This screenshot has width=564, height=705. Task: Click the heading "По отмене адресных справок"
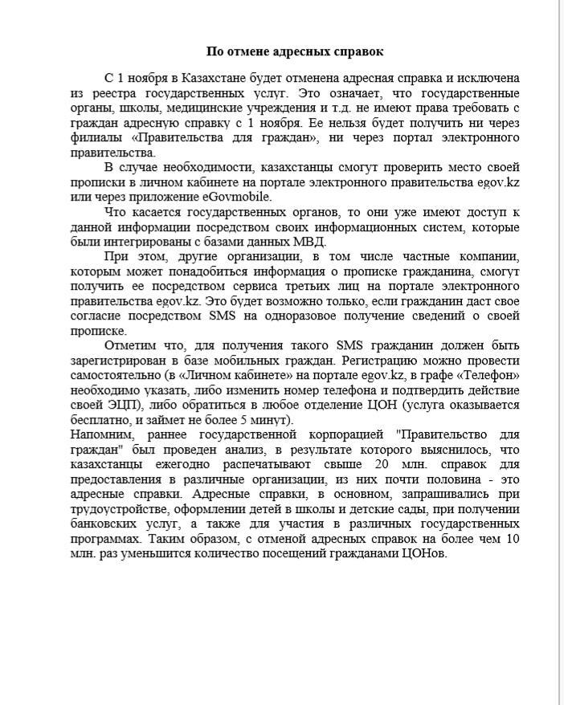pyautogui.click(x=295, y=51)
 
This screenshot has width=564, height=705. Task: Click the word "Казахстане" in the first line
pyautogui.click(x=210, y=79)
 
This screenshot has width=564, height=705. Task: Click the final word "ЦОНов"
pyautogui.click(x=423, y=554)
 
